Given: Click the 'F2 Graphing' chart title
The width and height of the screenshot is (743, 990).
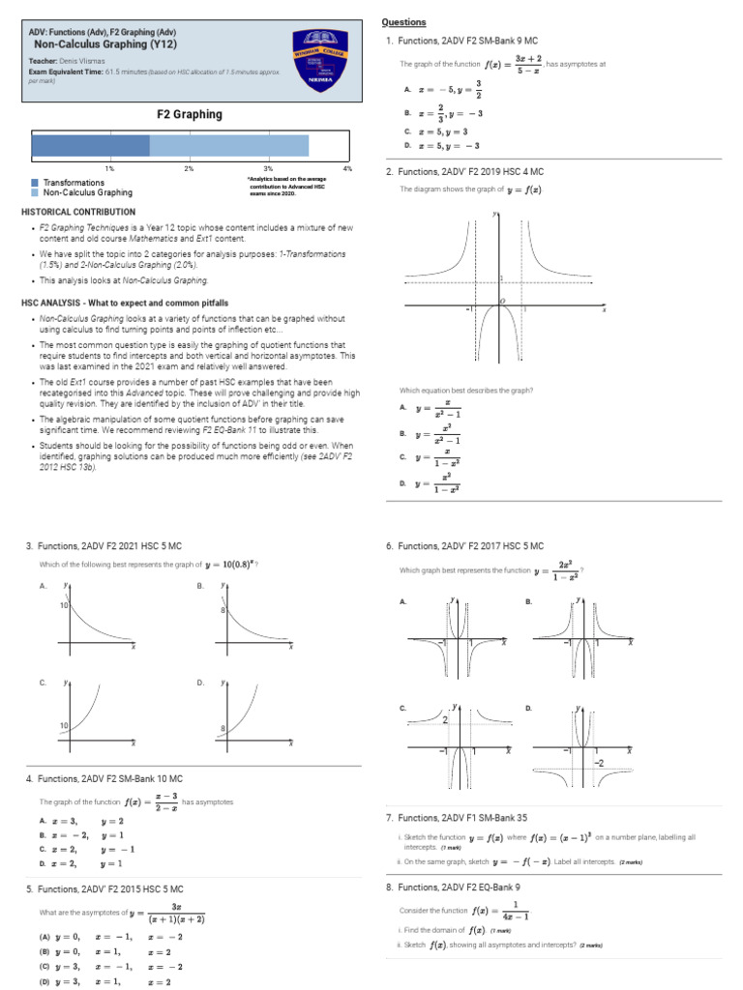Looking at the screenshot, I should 190,114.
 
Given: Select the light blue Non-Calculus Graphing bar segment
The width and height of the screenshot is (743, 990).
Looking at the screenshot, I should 228,145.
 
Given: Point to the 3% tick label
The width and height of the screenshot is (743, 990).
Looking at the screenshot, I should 268,168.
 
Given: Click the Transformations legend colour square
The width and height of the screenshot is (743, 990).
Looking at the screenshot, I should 35,183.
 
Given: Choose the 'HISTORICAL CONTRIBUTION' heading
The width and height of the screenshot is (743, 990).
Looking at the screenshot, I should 78,212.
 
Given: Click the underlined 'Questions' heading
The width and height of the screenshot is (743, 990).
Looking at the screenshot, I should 403,22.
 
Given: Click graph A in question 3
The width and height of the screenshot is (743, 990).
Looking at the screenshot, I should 97,619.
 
